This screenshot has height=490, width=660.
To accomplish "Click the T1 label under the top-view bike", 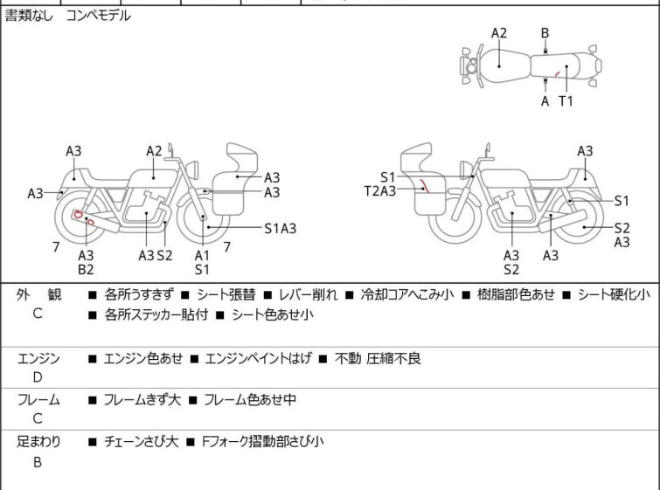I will [566, 101].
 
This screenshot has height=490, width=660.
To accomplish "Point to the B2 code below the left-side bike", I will [86, 270].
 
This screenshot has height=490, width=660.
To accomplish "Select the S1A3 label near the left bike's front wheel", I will [281, 229].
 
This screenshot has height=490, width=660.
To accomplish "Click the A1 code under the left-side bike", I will [202, 255].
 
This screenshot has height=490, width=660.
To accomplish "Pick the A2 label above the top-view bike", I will [499, 33].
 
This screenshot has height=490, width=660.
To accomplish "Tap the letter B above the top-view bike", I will [545, 33].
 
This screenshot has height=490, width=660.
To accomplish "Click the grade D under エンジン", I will [38, 377].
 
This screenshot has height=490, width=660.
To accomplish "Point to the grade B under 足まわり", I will [38, 462].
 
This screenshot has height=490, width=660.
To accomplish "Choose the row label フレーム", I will [38, 400].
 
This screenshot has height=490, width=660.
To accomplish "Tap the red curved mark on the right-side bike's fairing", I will [424, 186].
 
